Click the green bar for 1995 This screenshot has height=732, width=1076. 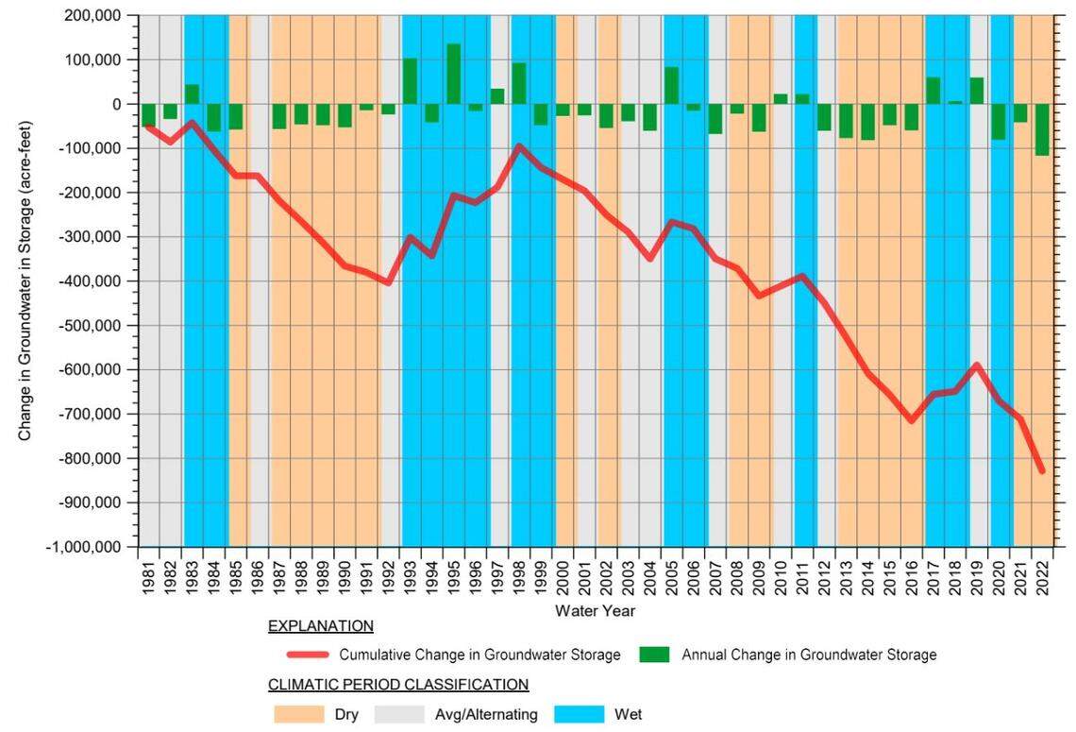pos(453,75)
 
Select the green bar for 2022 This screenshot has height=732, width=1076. pos(1042,129)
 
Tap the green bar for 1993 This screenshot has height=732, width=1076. pos(410,82)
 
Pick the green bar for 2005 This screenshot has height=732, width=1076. pos(671,86)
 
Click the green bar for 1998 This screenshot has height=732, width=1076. pos(519,84)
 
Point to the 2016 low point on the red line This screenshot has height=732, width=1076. pos(912,420)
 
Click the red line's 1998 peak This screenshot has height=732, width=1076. pos(519,146)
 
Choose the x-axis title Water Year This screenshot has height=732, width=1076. pos(595,611)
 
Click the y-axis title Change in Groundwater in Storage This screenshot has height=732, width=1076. pos(25,281)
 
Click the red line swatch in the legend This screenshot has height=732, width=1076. pos(308,655)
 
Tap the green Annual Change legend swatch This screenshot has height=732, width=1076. pos(654,655)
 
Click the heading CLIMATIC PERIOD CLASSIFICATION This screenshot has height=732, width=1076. pos(397,684)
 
